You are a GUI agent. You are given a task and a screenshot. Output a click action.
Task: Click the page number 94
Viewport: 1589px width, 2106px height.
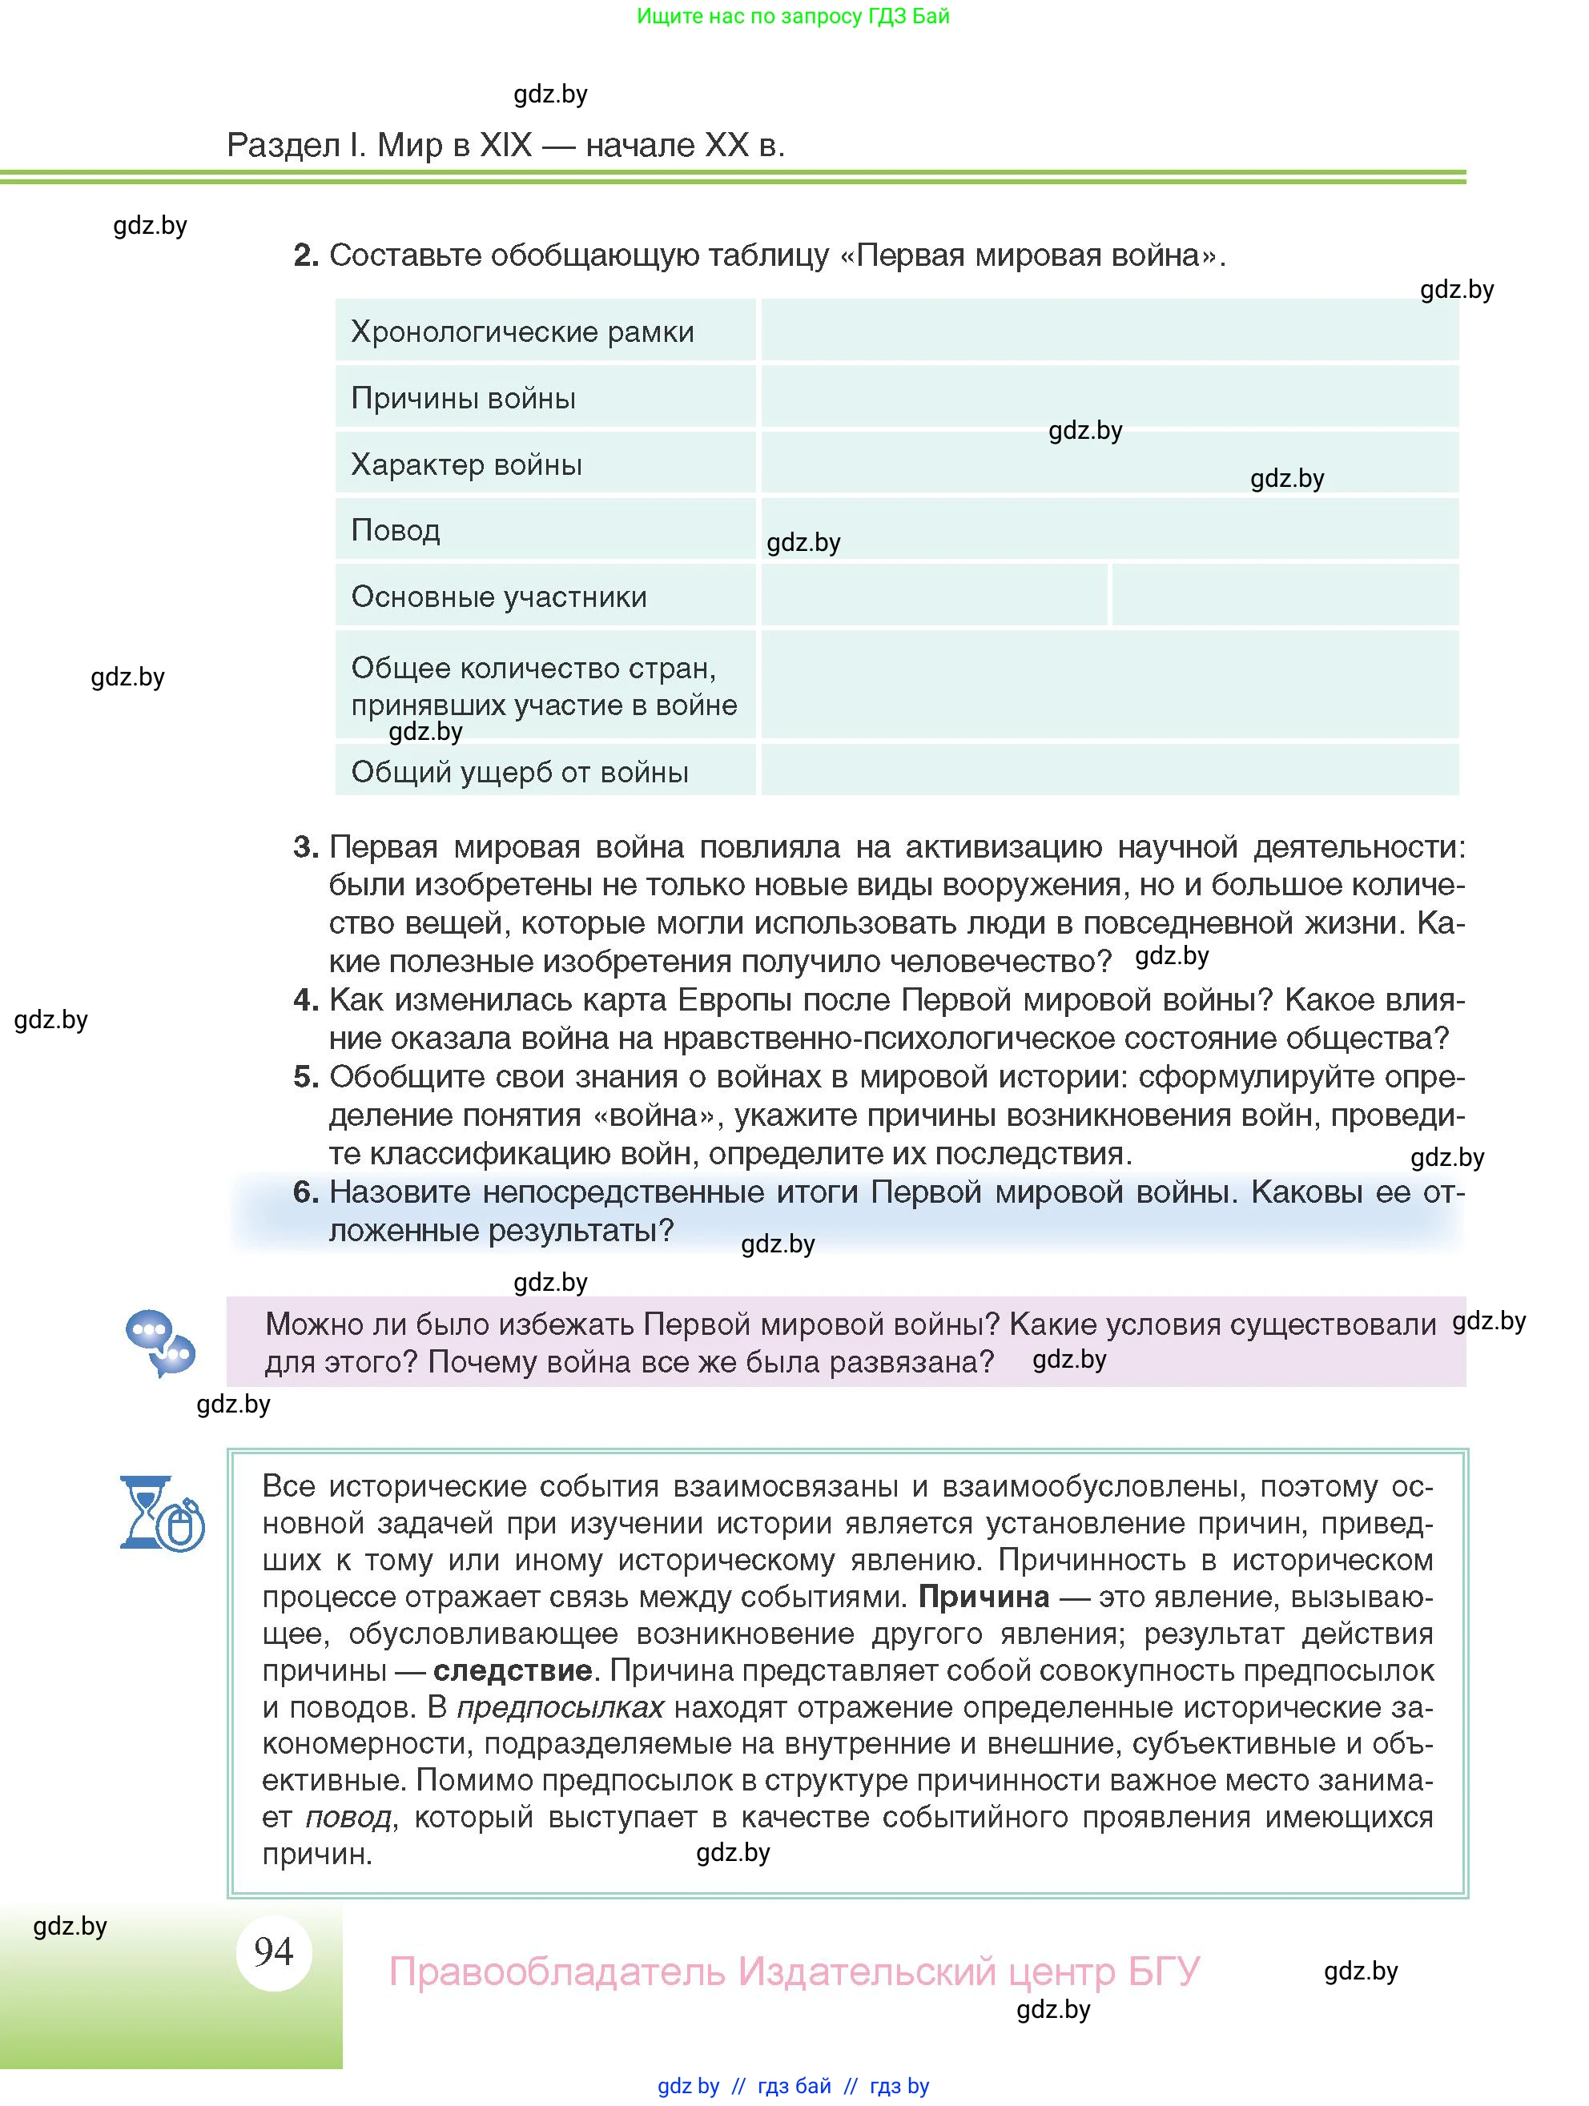[x=273, y=1951]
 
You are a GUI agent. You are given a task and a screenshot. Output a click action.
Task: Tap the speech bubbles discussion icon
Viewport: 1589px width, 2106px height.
[x=160, y=1342]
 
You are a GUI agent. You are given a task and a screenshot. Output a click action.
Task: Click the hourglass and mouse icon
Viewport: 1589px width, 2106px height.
[x=162, y=1513]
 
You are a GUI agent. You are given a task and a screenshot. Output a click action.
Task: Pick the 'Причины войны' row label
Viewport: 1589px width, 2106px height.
[x=463, y=398]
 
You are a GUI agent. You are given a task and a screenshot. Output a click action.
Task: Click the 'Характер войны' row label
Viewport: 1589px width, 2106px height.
[x=465, y=464]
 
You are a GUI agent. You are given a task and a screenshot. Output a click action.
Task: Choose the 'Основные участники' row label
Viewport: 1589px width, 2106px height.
[x=499, y=597]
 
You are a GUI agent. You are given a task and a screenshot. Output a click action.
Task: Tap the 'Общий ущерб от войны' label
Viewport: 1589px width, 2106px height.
[x=519, y=772]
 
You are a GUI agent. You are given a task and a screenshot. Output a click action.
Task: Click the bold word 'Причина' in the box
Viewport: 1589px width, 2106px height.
[x=984, y=1597]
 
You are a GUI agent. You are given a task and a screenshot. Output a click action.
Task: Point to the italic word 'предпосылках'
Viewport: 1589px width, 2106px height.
[x=560, y=1707]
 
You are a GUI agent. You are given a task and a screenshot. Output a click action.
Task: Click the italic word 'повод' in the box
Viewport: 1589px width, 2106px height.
[x=348, y=1818]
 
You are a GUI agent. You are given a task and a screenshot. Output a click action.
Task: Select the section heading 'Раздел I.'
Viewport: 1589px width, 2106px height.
[x=296, y=145]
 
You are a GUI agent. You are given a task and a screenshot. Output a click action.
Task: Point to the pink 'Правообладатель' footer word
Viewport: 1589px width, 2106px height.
[x=556, y=1971]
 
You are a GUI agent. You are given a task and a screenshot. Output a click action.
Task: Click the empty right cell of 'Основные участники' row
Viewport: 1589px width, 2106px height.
[x=1285, y=595]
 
